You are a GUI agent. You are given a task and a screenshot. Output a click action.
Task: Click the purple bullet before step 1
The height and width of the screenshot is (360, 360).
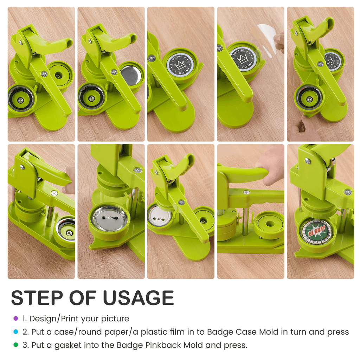[15, 319]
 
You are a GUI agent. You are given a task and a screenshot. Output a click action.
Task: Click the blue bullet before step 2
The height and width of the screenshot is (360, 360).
[15, 332]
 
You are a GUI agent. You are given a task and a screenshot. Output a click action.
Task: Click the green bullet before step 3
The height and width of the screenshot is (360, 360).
[15, 345]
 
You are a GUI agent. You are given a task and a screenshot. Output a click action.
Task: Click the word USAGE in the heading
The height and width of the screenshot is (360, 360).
[138, 298]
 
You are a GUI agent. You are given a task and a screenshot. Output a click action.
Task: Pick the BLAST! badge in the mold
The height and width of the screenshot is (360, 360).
[317, 232]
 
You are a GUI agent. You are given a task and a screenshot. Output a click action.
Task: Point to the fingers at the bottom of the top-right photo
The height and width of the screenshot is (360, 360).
[303, 129]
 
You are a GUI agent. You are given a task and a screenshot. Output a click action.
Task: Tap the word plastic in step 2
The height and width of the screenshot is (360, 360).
[154, 332]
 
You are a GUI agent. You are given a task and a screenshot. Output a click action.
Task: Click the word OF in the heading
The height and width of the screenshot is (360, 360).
[83, 298]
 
